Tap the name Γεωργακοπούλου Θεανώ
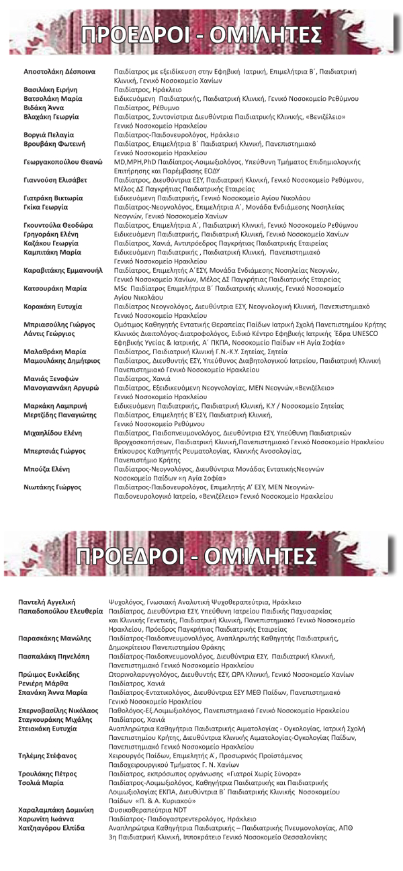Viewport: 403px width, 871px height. click(62, 162)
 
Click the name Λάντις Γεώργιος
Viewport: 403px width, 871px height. click(49, 333)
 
